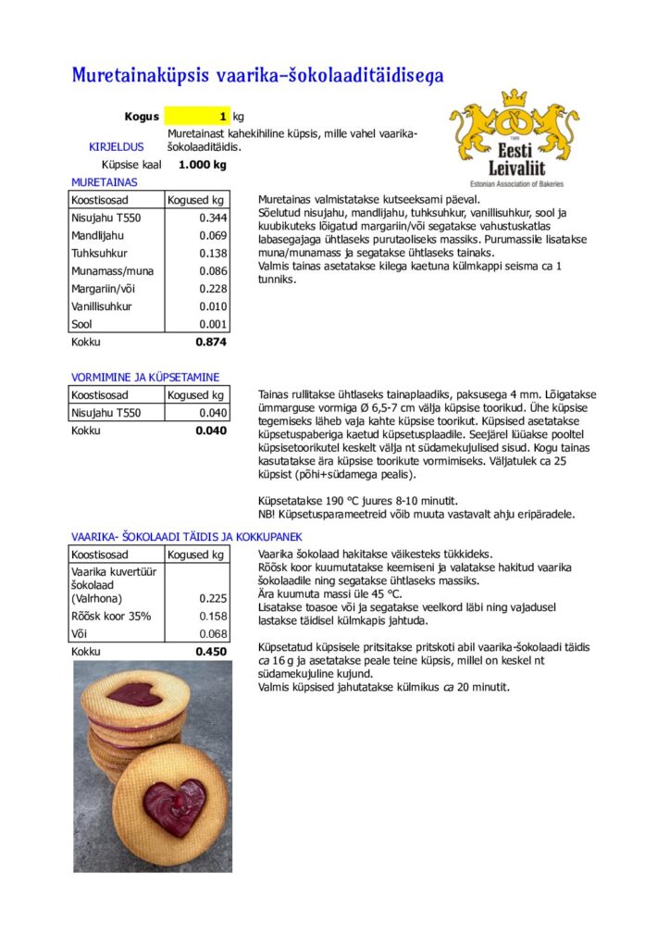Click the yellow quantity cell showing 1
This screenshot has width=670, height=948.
click(x=197, y=118)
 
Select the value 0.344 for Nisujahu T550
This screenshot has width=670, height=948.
click(x=213, y=218)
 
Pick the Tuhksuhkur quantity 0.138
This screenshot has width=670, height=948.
click(x=213, y=253)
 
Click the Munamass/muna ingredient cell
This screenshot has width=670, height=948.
click(x=113, y=271)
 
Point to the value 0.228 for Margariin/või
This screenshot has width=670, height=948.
click(x=213, y=289)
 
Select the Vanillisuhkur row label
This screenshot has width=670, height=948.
click(x=102, y=306)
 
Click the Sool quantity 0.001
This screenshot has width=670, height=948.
click(x=213, y=324)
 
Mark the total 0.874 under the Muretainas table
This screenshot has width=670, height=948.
click(x=211, y=342)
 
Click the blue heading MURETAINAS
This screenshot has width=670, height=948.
click(x=104, y=182)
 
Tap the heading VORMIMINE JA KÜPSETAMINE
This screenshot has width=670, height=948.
click(x=145, y=377)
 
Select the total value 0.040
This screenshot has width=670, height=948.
click(x=211, y=430)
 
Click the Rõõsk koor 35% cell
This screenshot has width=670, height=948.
click(x=111, y=616)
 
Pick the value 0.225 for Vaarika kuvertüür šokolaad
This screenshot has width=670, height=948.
click(x=213, y=598)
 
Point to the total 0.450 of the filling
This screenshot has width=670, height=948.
click(x=211, y=651)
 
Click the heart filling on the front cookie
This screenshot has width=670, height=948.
click(x=176, y=804)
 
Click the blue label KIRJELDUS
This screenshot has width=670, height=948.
click(x=116, y=146)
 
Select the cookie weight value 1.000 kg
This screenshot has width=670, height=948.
click(x=202, y=165)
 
